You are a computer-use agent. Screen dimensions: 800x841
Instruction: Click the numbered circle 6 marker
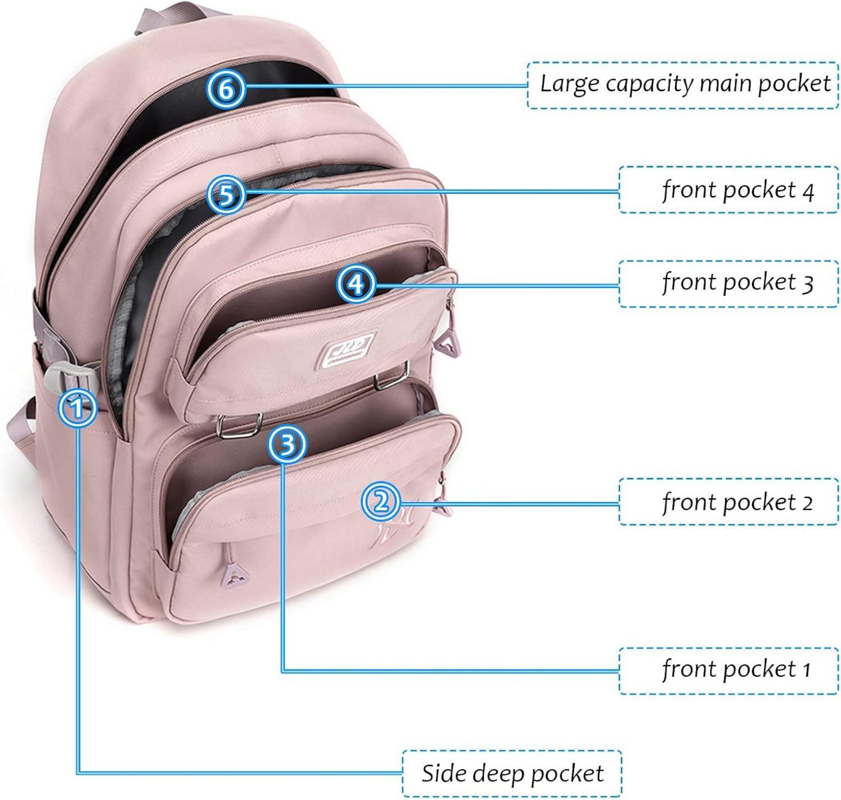(x=226, y=89)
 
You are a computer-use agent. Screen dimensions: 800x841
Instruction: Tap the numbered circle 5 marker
(x=226, y=194)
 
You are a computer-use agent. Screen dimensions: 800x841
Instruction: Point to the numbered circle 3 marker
(x=287, y=444)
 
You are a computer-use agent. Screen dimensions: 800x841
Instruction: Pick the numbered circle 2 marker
(x=380, y=501)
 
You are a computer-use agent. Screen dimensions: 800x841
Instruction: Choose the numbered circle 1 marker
(x=78, y=409)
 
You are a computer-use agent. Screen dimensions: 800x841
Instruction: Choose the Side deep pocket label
(x=512, y=773)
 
